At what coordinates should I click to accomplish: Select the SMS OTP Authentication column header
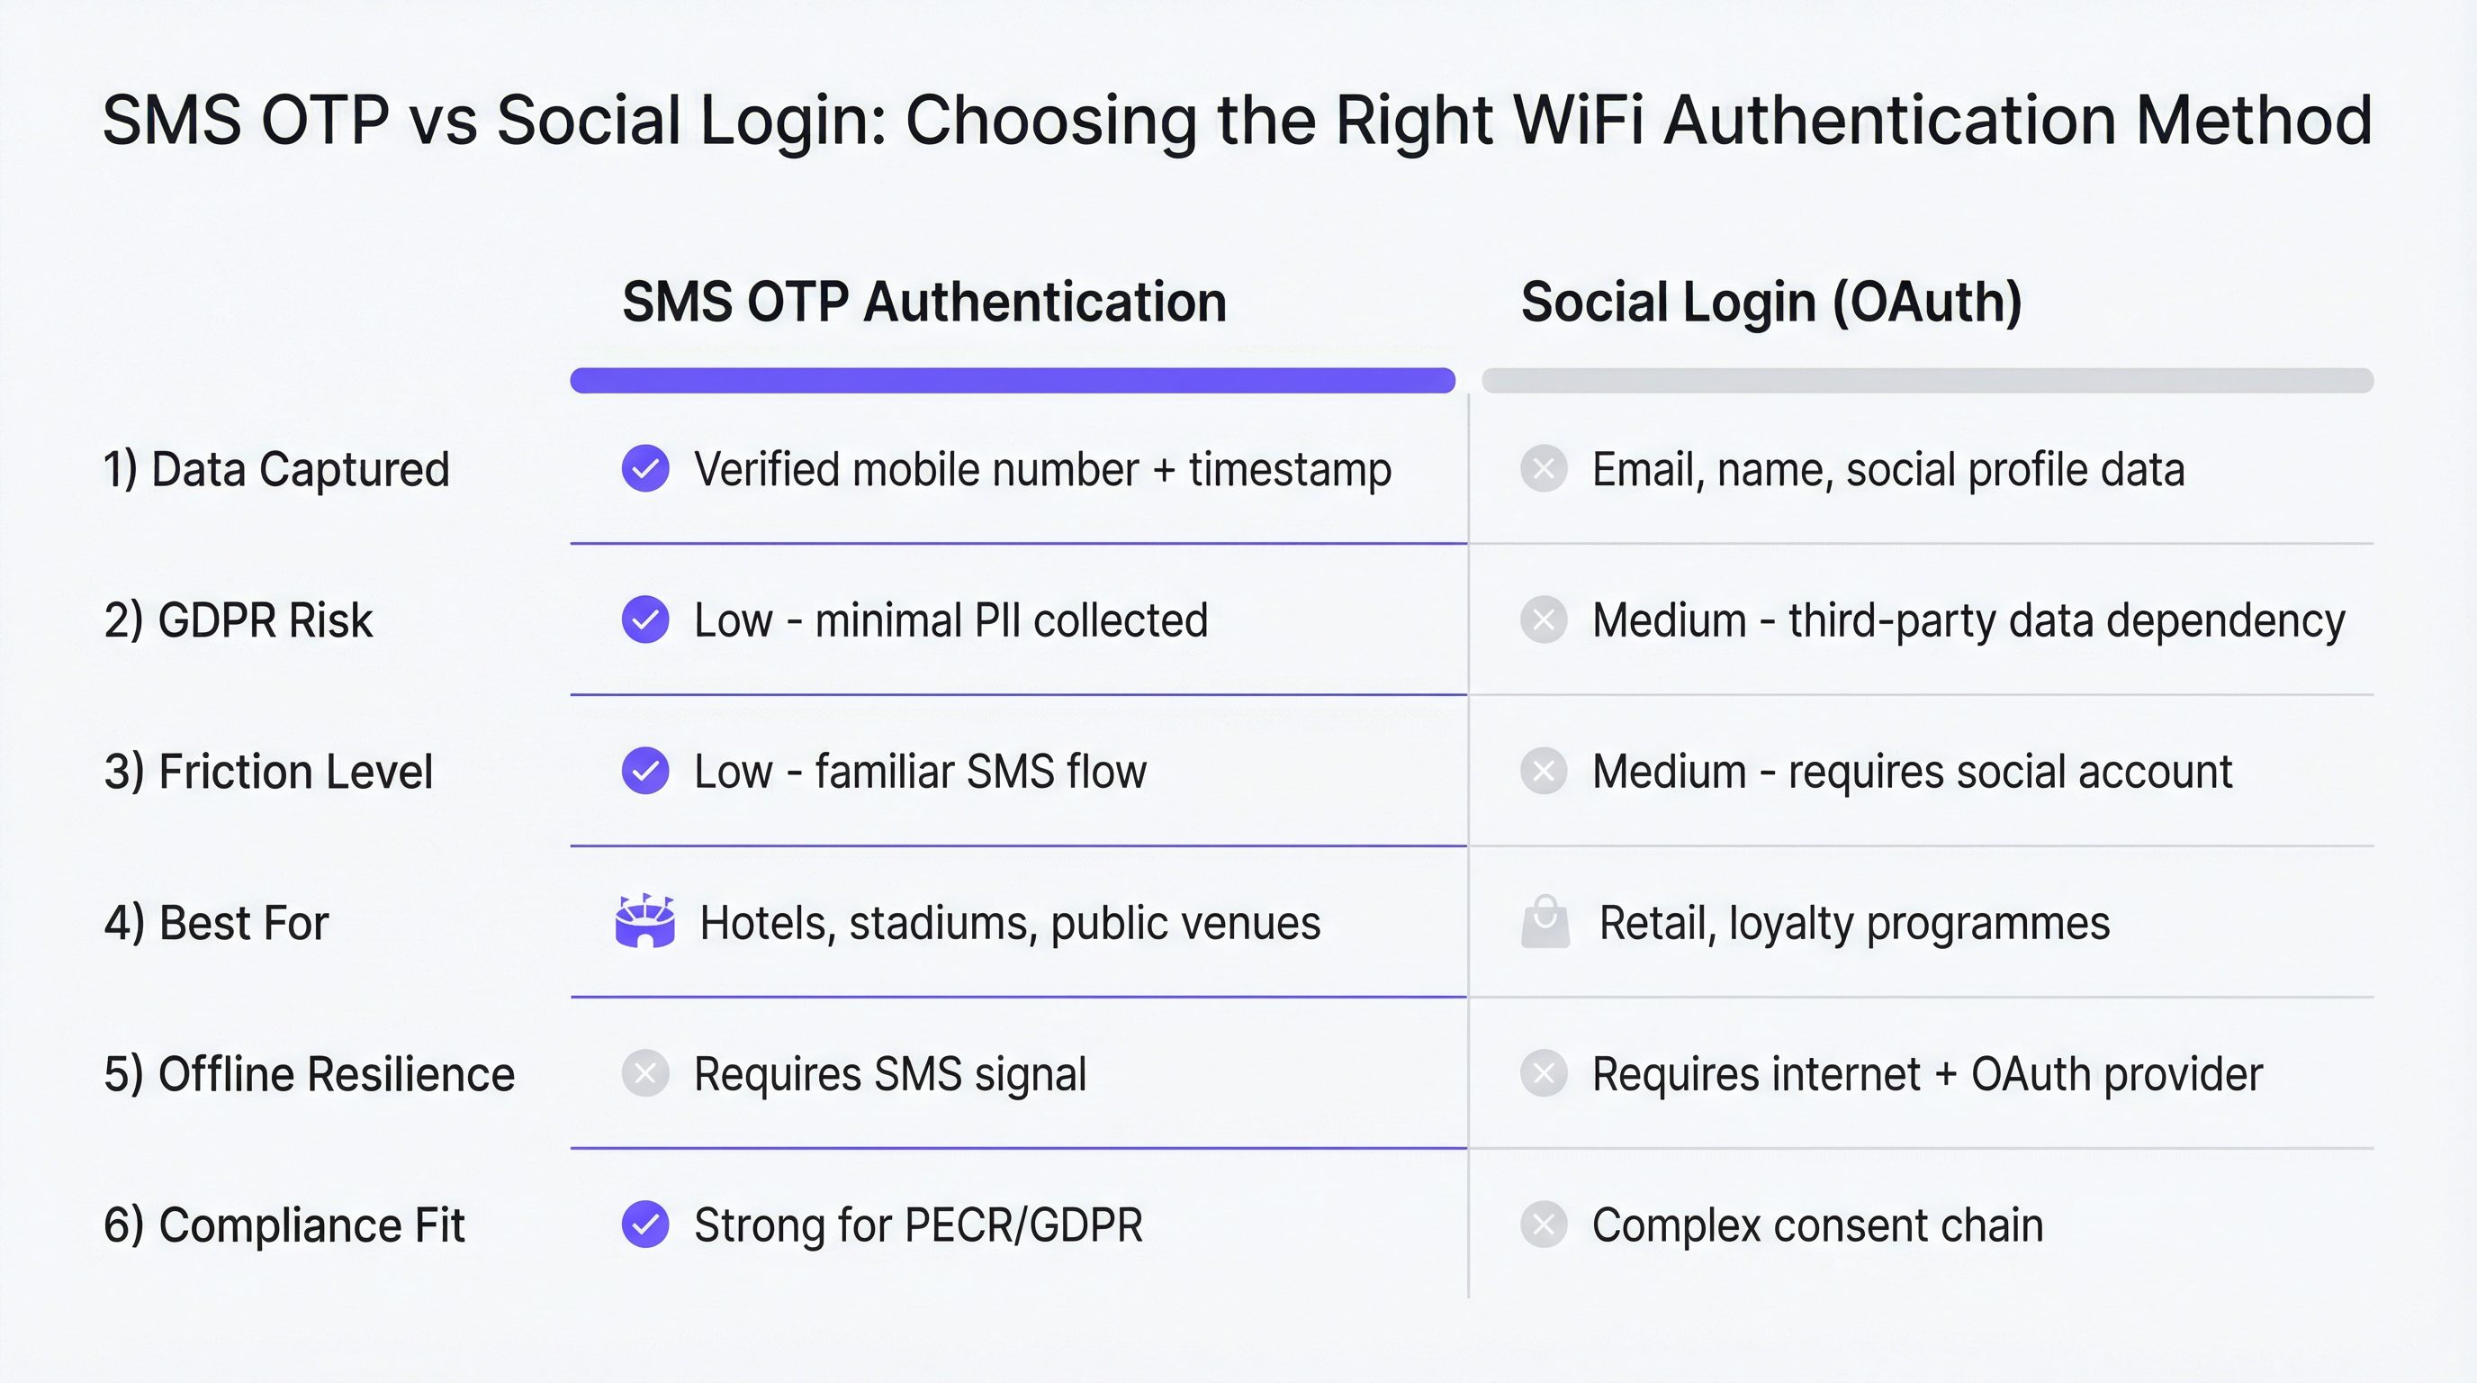[x=924, y=302]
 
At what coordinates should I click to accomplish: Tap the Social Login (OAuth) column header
[x=1771, y=302]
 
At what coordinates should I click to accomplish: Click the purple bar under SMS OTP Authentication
[x=1012, y=380]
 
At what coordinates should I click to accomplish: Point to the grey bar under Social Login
[x=1927, y=380]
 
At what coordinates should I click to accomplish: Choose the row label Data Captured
[x=276, y=469]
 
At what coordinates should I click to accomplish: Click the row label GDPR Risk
[x=238, y=620]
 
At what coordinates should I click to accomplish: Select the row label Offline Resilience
[x=309, y=1074]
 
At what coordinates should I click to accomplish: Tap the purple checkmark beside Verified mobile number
[x=645, y=469]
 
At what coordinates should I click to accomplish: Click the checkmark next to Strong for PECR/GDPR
[x=645, y=1225]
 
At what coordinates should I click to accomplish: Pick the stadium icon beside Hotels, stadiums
[x=644, y=921]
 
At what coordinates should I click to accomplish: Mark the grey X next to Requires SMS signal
[x=645, y=1074]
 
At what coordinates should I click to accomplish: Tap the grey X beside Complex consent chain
[x=1545, y=1225]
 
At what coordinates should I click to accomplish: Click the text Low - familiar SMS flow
[x=920, y=772]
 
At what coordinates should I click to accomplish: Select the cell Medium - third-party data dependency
[x=1968, y=620]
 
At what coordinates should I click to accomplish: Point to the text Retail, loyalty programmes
[x=1854, y=923]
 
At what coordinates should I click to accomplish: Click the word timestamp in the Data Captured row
[x=1290, y=469]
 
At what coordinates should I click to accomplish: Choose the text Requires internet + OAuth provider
[x=1927, y=1074]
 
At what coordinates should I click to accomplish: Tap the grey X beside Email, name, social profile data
[x=1545, y=469]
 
